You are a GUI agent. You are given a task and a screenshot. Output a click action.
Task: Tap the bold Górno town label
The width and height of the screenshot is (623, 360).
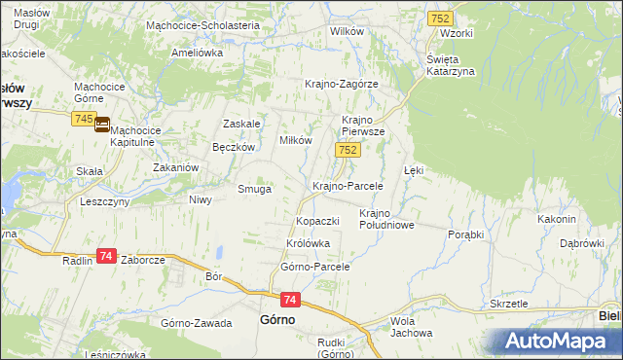point(277,318)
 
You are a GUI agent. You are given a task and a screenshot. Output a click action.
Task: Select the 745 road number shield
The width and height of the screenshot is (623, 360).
point(83,119)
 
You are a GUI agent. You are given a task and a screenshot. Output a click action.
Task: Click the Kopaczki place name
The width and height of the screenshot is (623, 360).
point(317,221)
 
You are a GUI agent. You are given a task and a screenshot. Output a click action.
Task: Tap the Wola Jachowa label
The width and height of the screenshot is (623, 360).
point(410,327)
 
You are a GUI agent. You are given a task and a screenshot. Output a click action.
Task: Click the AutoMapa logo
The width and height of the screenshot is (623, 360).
point(556,341)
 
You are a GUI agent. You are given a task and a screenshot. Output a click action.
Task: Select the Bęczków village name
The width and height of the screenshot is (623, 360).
point(234,147)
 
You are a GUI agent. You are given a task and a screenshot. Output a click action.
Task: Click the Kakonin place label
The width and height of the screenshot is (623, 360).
point(557,219)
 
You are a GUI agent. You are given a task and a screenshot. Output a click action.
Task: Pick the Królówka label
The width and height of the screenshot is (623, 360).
point(309,243)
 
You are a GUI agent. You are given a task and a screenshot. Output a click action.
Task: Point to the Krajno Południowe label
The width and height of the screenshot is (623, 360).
point(387,219)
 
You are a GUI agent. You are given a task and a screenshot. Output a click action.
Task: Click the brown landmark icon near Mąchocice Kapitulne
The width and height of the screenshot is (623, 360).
point(102,125)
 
